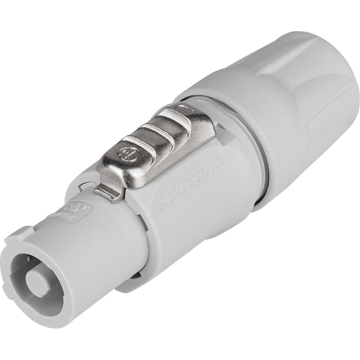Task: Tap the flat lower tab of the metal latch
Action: [108, 192]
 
